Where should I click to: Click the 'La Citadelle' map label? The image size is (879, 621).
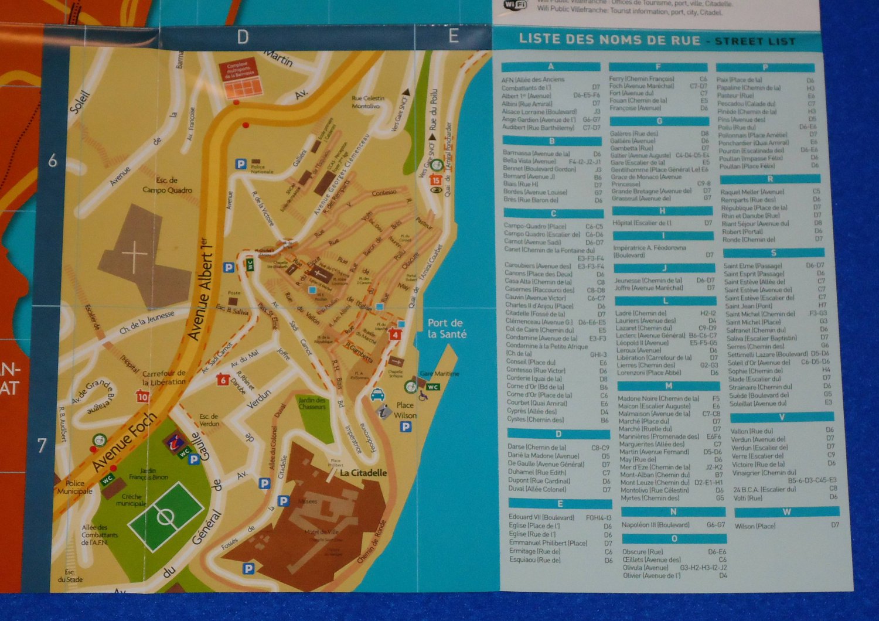click(363, 473)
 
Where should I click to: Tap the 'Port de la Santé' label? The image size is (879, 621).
click(447, 329)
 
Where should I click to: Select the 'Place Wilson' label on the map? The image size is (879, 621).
click(405, 410)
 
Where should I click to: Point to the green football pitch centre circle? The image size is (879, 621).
click(166, 517)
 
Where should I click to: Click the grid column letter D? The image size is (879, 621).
click(243, 37)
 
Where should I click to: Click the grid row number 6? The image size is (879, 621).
click(53, 161)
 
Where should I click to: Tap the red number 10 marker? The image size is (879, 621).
click(142, 397)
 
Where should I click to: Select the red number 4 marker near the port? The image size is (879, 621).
click(396, 335)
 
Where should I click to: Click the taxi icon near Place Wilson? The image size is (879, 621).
click(377, 395)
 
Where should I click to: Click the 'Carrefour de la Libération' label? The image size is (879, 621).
click(163, 378)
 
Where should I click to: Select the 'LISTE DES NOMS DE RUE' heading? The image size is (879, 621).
click(609, 40)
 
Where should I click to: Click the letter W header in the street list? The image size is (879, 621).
click(786, 511)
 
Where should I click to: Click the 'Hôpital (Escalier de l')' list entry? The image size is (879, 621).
click(642, 223)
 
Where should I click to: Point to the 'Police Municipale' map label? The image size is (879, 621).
click(75, 487)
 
